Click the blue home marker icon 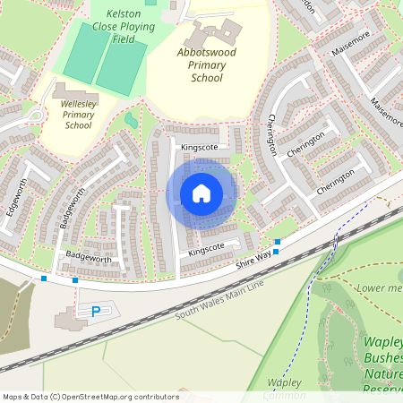(201, 193)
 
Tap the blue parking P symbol (95, 312)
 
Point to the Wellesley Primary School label (78, 115)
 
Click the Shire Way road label (253, 261)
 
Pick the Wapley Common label (284, 387)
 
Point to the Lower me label (379, 288)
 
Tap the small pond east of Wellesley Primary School (132, 119)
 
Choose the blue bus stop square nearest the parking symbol (74, 281)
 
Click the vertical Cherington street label (272, 134)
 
